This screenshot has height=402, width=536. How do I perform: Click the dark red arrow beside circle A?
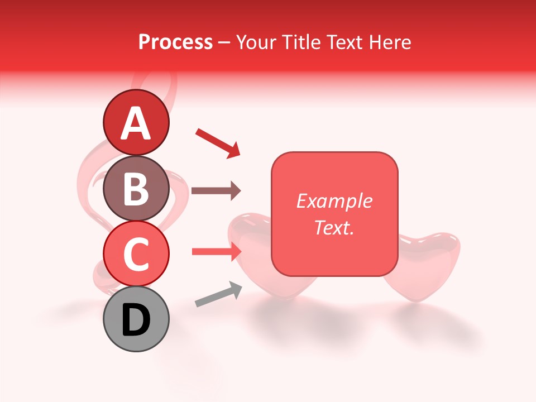[218, 142]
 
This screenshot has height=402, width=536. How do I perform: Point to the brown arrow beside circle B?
[216, 191]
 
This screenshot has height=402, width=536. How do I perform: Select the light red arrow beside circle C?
[216, 252]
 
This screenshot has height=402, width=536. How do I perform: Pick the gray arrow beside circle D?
[218, 295]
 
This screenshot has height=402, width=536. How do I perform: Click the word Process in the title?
[175, 42]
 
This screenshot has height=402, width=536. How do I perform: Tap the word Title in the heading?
[299, 42]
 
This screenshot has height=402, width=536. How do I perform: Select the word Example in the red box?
[334, 201]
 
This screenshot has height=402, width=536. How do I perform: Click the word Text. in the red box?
[334, 227]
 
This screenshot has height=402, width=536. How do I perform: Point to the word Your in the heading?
[256, 42]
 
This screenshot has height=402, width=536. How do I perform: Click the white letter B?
[136, 188]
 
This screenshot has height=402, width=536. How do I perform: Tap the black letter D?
[136, 320]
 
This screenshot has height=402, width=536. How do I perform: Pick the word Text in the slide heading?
[344, 42]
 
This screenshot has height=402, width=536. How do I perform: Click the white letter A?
[136, 123]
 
